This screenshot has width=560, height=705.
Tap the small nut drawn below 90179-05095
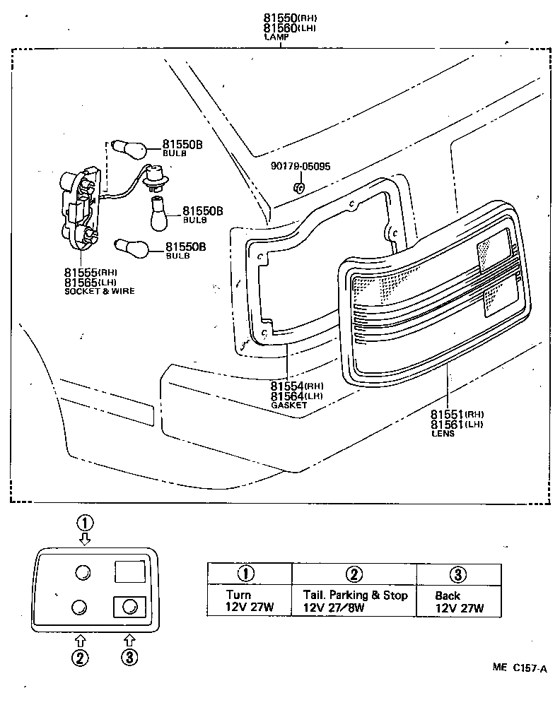pos(298,187)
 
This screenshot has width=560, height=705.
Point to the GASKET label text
pos(288,405)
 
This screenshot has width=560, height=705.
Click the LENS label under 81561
pos(443,433)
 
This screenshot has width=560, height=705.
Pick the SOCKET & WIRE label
pos(100,291)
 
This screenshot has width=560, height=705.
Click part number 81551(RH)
pos(456,413)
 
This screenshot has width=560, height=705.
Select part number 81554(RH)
pos(296,386)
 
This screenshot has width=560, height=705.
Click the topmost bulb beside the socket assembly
pos(129,149)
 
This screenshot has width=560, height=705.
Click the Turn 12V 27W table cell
pos(249,601)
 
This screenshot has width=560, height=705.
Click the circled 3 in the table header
pos(458,573)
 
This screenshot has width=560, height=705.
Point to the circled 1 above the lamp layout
pos(85,523)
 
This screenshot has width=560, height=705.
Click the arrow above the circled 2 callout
pos(79,640)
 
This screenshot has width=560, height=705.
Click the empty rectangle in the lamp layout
pos(130,570)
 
